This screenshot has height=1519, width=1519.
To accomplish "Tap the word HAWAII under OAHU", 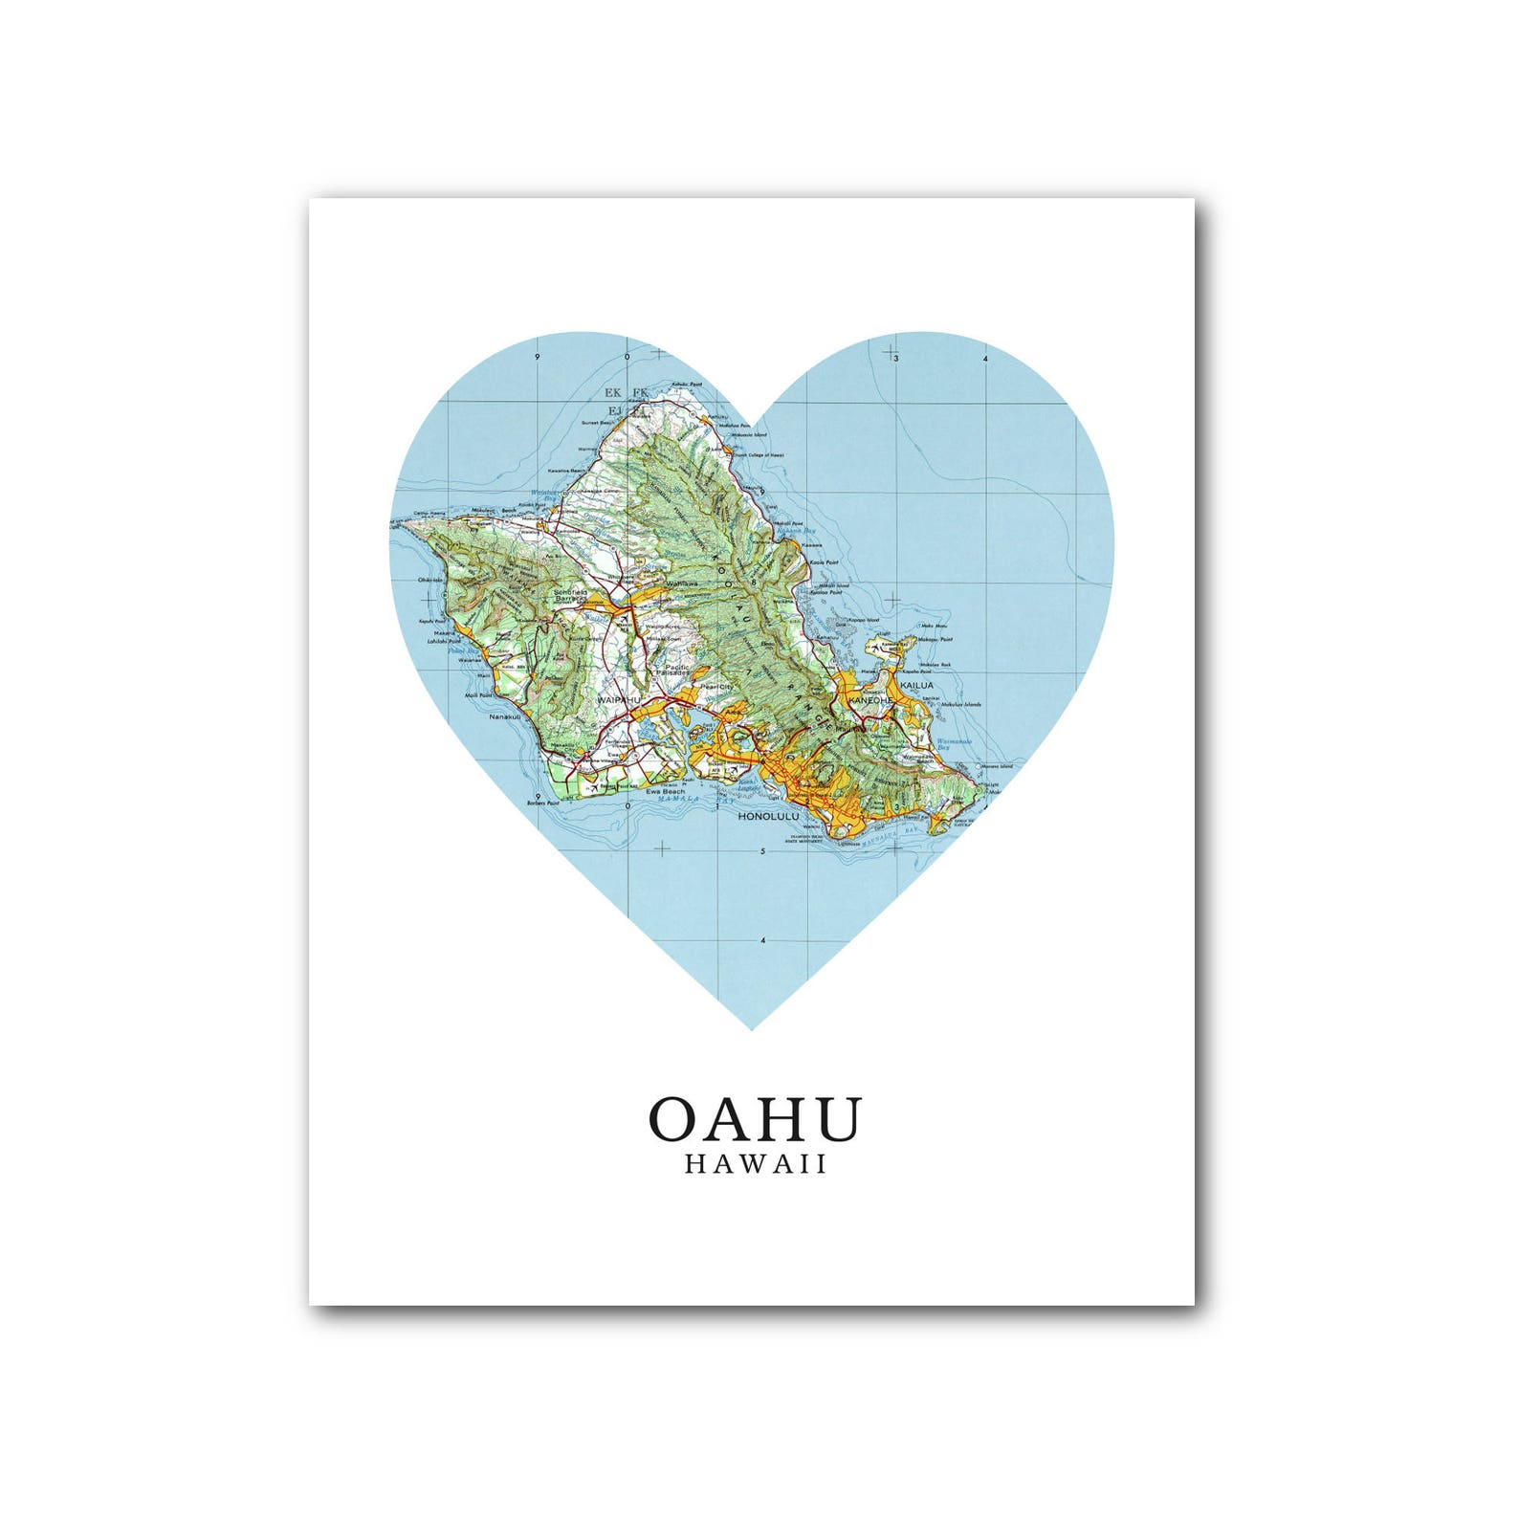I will coord(755,1164).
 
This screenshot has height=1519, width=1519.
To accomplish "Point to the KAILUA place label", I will coord(916,686).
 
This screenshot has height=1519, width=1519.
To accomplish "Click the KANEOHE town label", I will coord(870,700).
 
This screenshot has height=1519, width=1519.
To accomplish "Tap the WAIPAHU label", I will coord(617,700).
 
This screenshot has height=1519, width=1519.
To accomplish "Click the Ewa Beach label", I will coord(665,791).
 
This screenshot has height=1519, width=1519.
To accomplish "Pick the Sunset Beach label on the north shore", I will coord(598,422).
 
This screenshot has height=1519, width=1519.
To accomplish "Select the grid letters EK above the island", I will coord(613,392).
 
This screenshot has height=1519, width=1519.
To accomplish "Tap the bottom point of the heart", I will coord(753,1028).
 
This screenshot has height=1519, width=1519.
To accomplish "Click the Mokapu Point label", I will coord(936,639).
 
